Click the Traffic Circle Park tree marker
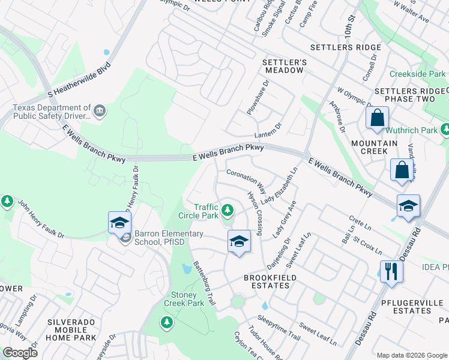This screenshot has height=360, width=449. click(227, 210)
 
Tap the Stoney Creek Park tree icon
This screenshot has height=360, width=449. click(166, 323)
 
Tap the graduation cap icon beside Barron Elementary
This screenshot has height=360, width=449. click(119, 223)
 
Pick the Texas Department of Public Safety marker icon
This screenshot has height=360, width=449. click(100, 111)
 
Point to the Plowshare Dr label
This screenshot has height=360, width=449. click(258, 97)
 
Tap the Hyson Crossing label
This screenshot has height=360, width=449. click(255, 214)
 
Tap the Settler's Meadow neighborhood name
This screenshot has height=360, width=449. click(285, 66)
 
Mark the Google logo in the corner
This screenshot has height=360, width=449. click(20, 352)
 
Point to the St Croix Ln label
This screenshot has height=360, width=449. click(365, 245)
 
